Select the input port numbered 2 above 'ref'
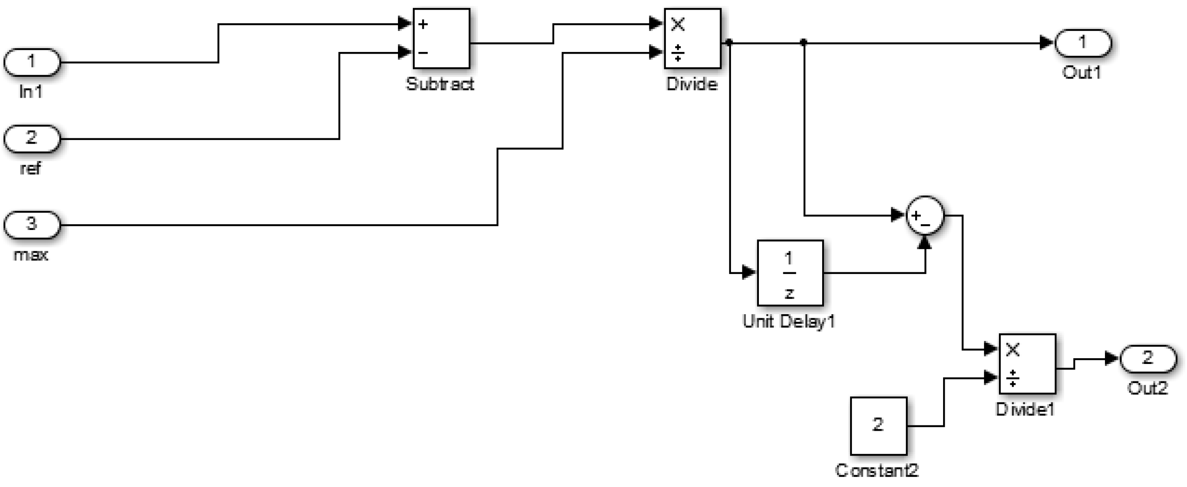tap(32, 138)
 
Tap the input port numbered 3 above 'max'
tap(32, 225)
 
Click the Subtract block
tap(441, 38)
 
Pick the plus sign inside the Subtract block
tap(423, 24)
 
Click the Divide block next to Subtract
tap(692, 38)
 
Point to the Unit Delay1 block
tap(790, 273)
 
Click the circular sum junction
tap(925, 215)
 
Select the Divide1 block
tap(1027, 364)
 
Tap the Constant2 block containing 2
tap(878, 426)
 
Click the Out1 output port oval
tap(1082, 43)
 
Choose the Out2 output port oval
tap(1147, 359)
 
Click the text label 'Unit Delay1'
tap(789, 322)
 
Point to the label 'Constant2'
tap(877, 470)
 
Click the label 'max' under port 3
tap(31, 254)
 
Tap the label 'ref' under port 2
tap(31, 168)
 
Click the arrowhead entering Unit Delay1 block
tap(749, 273)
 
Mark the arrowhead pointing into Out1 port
tap(1046, 43)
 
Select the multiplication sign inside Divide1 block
tap(1012, 350)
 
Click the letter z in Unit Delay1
tap(789, 293)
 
